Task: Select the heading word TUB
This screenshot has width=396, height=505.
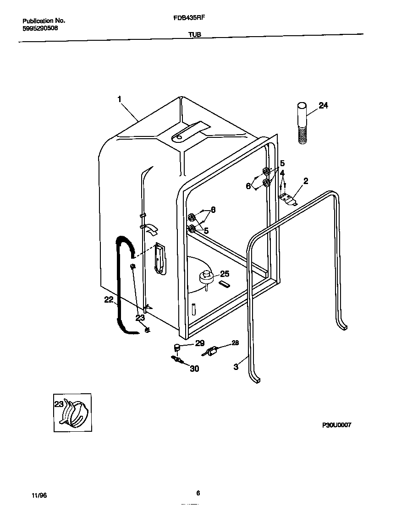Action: coord(194,34)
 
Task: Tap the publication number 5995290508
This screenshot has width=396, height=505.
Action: coord(40,28)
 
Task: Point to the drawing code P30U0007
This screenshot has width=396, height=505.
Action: coord(337,425)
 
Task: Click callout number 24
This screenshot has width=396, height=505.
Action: coord(323,106)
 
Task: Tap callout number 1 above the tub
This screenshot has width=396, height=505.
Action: coord(119,99)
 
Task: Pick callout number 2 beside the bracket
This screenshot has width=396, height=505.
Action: coord(305,181)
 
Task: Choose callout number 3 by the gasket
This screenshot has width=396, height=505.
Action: coord(236,366)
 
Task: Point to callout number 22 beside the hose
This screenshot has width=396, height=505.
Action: coord(109,300)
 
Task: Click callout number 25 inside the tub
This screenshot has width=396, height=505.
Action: coord(225,274)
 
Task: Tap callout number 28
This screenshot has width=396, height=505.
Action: coord(235,342)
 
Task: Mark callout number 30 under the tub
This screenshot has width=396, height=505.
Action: coord(194,369)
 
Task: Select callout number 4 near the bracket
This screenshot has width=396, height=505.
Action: coord(283,173)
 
